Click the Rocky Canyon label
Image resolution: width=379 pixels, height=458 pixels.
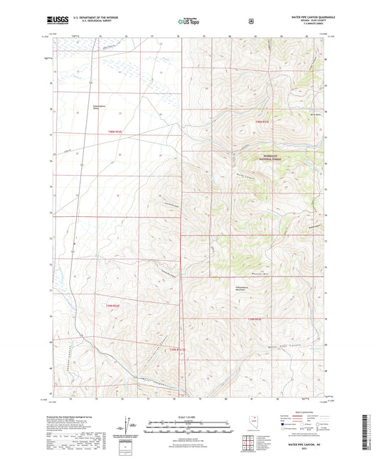click(244, 171)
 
